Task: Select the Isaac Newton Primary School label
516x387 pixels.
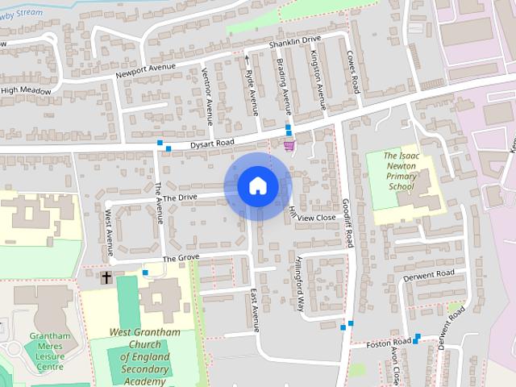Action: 400,170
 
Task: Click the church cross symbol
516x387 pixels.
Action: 106,278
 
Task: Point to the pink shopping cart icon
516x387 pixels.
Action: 289,145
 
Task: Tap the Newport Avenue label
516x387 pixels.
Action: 145,69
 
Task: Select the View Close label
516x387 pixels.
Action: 316,218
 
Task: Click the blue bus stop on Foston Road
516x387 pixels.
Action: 418,337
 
